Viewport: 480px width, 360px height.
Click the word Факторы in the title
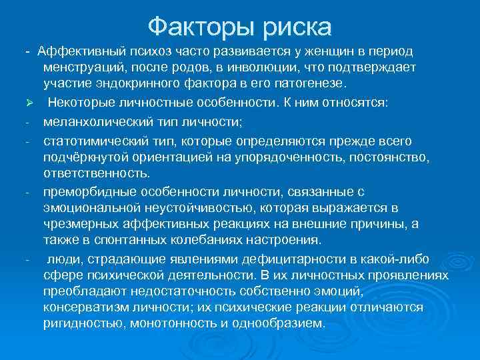pos(193,27)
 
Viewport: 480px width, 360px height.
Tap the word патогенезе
pos(310,83)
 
